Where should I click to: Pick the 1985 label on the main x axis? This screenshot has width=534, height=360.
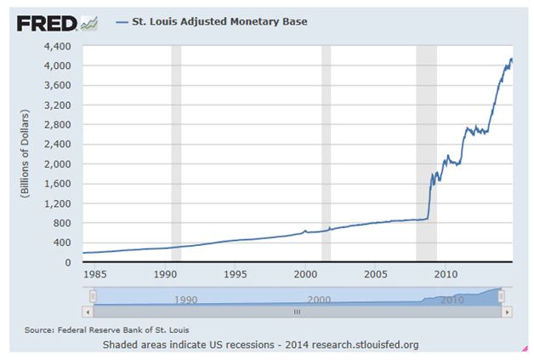[x=95, y=274]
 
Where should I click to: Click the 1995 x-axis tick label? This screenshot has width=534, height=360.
[x=236, y=274]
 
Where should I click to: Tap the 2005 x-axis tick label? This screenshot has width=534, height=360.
[x=376, y=274]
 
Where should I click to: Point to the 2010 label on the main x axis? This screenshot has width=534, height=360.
[x=446, y=274]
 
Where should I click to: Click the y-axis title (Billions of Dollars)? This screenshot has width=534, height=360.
[x=26, y=153]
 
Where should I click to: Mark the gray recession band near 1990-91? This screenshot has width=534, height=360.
[x=176, y=153]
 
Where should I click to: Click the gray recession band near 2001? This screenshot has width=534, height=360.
[x=326, y=153]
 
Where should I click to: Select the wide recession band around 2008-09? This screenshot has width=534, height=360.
[x=426, y=153]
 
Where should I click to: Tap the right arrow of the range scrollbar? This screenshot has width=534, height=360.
[x=507, y=312]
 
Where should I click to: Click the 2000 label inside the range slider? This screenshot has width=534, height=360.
[x=319, y=300]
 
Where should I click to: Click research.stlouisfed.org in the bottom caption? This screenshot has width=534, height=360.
[x=366, y=345]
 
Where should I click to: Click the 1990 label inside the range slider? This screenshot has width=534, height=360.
[x=185, y=300]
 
